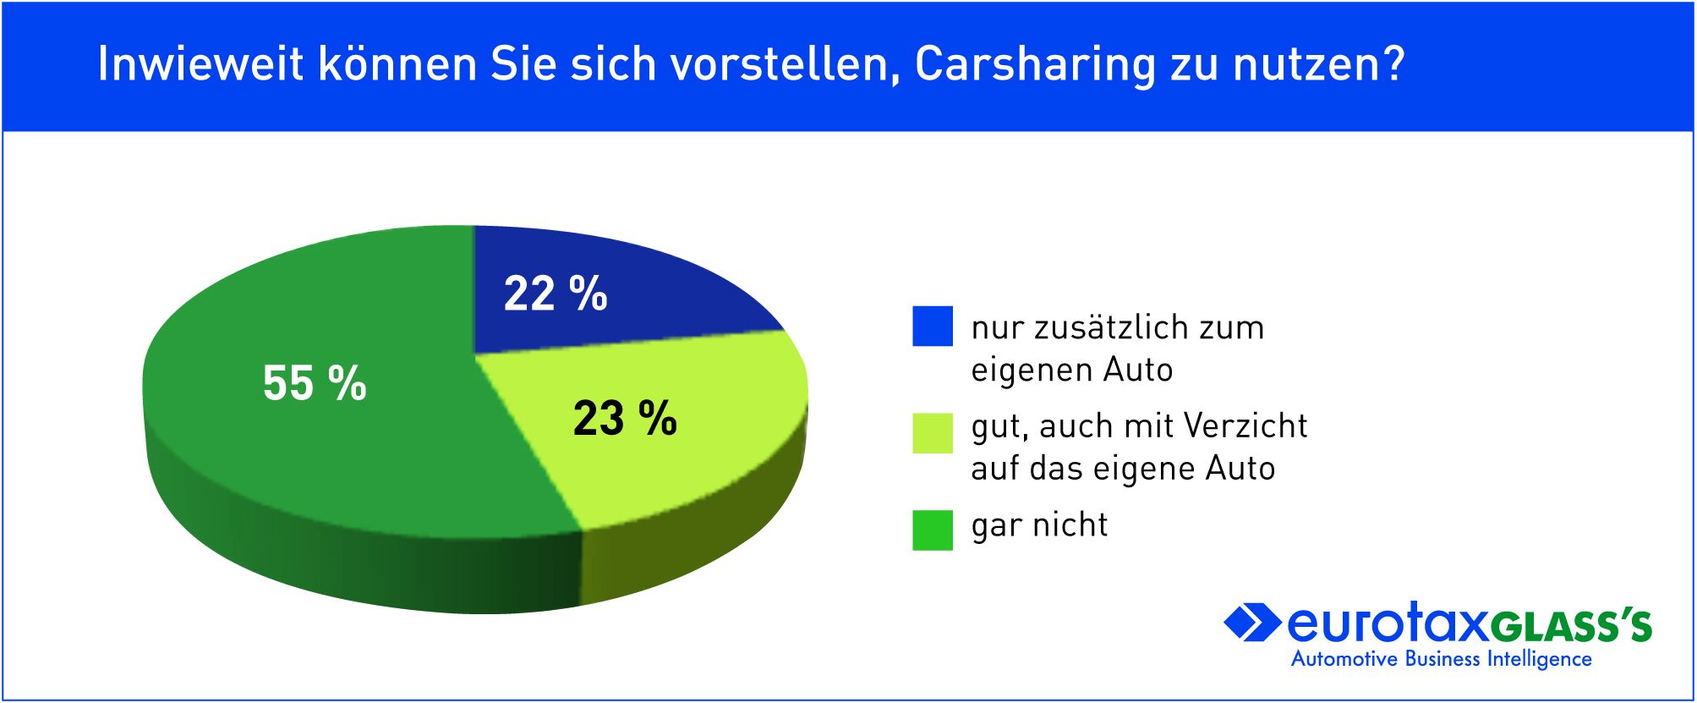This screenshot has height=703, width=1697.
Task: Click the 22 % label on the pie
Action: (x=555, y=294)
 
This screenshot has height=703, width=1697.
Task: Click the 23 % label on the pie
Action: (x=625, y=418)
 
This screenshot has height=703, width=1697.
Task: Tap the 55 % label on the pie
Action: (x=315, y=382)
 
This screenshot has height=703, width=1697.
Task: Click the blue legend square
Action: (x=932, y=326)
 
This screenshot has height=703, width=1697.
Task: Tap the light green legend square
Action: (x=932, y=433)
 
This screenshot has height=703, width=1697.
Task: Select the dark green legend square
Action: (x=932, y=530)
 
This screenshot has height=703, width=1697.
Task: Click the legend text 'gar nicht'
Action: (x=1039, y=525)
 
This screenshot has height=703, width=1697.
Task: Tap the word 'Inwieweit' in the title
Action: (x=200, y=63)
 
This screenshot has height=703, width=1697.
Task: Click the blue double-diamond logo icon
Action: (x=1251, y=623)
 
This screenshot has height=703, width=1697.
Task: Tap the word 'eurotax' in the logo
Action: (x=1387, y=624)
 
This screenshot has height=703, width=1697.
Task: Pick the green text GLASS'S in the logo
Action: (x=1571, y=627)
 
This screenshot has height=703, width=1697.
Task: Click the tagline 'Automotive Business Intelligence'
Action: (x=1441, y=659)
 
